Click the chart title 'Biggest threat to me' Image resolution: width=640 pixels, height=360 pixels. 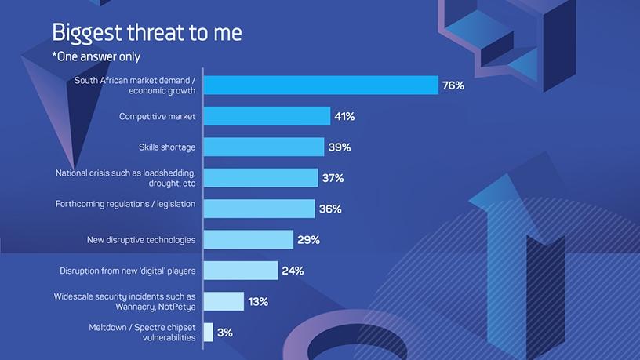point(147,33)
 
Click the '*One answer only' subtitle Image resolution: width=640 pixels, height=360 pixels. point(96,56)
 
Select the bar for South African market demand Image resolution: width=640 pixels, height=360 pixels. point(321,85)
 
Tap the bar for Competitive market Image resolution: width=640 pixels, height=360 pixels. point(267,116)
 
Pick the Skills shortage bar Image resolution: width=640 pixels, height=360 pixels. point(264,147)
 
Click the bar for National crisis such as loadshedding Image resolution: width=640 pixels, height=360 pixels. point(261,178)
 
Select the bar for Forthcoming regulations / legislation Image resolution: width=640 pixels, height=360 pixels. point(260,209)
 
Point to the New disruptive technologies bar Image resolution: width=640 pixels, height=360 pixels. point(249,240)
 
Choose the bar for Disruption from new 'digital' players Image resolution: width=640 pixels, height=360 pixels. point(242,271)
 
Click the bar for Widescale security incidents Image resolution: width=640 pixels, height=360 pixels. point(224,301)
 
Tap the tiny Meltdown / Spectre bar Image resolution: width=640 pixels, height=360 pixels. point(209,333)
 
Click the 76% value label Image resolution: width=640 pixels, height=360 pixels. point(453,85)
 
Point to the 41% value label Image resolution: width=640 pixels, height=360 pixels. point(344,116)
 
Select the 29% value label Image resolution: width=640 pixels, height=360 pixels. point(308,240)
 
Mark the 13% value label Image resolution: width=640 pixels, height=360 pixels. point(258,301)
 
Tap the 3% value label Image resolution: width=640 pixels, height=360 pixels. point(225,333)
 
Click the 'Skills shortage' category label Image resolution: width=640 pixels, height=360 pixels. point(167,147)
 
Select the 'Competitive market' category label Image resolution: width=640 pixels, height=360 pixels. point(158,116)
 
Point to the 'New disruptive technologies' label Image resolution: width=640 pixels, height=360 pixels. point(141,240)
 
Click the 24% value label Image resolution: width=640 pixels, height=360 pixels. point(293,271)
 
